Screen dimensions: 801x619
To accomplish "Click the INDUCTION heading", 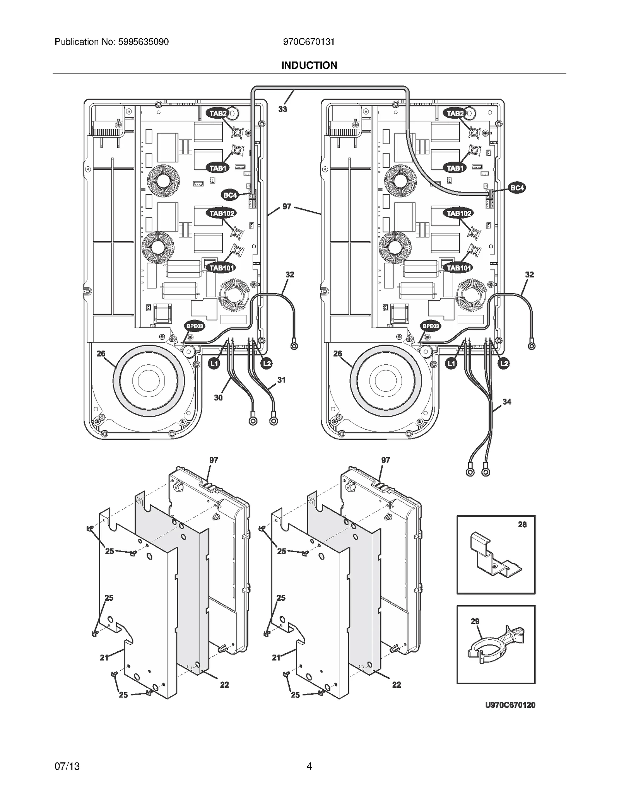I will pos(309,65).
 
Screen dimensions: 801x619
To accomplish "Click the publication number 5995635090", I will pos(142,42).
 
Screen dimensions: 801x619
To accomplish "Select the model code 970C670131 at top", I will pos(309,42).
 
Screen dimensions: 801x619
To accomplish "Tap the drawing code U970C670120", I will pos(510,705).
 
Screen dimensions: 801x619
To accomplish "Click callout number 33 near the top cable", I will pos(283,109).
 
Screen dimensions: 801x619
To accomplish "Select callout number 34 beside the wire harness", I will pos(507,402).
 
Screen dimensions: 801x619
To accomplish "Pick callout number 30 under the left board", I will pos(218,398).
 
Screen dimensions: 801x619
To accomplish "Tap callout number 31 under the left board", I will pos(281,380).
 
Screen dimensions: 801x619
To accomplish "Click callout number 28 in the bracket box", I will pos(522,524).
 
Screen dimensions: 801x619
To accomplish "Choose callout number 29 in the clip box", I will pos(475,622).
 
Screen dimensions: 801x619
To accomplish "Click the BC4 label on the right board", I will pos(517,188).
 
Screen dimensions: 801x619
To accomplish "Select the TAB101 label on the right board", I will pos(459,268).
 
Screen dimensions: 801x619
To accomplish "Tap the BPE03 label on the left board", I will pos(194,326).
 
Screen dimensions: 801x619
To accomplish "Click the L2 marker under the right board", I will pos(503,364).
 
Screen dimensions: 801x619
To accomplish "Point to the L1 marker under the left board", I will pos(214,364).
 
